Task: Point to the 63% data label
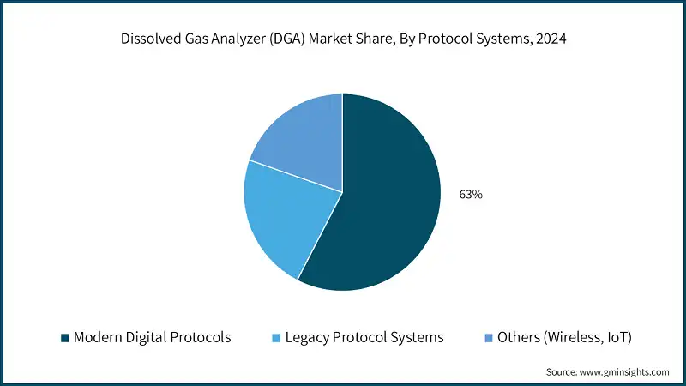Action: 471,195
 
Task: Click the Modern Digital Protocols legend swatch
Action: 64,337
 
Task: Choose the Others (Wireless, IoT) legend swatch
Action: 486,337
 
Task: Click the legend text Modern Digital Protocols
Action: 152,337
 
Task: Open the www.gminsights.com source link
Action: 626,371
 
